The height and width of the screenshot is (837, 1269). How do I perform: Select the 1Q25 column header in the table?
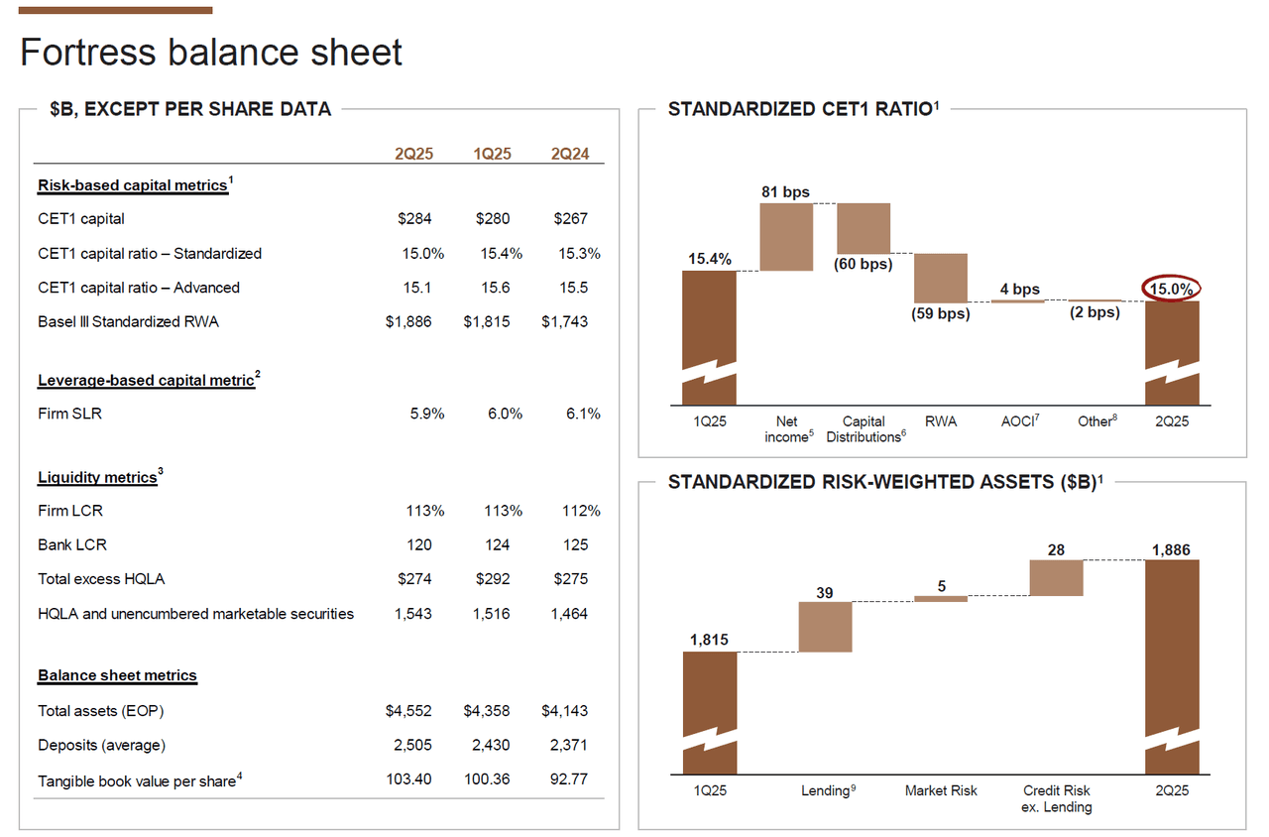(492, 154)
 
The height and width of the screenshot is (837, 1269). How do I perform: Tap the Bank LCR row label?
(72, 544)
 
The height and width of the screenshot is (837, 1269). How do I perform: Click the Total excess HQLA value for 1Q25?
(492, 578)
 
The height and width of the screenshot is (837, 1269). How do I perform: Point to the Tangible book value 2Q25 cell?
(408, 779)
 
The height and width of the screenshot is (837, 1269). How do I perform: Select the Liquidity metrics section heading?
(97, 478)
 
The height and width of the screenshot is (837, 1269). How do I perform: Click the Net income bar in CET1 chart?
(786, 237)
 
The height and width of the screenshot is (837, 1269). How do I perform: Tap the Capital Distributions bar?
(864, 228)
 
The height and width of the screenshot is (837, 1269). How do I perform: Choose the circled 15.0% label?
(1172, 290)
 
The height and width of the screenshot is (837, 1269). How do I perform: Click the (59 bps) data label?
(940, 314)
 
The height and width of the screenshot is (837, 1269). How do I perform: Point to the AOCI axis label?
(1018, 421)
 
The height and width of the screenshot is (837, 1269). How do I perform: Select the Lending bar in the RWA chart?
(825, 627)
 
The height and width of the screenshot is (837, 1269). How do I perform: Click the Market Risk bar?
(941, 598)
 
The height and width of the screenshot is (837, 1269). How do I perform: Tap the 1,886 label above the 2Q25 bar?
(1171, 550)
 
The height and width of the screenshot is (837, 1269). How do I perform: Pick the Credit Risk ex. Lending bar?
(1056, 577)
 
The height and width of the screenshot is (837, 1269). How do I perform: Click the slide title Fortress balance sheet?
(211, 53)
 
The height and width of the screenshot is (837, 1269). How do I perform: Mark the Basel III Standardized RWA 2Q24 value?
(564, 322)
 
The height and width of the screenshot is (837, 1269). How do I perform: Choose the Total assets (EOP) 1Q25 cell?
(487, 711)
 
